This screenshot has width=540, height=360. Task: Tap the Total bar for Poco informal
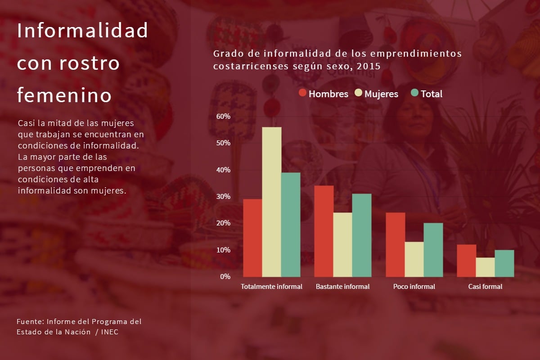tap(433, 250)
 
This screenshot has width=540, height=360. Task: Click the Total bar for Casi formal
tap(504, 263)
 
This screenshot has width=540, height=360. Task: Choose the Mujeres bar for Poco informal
tap(414, 259)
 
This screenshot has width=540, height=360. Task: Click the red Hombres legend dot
tap(302, 93)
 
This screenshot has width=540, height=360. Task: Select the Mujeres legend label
tap(381, 94)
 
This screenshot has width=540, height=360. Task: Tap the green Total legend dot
tap(414, 93)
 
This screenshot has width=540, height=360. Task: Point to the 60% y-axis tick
tap(223, 116)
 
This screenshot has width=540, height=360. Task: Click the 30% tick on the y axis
tap(223, 197)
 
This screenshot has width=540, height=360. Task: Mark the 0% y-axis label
tap(225, 276)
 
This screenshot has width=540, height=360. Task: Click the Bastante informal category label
tap(342, 287)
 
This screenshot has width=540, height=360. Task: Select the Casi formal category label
tap(485, 287)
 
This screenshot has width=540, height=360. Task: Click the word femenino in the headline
tap(64, 95)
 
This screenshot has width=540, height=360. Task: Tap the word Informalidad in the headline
tap(82, 31)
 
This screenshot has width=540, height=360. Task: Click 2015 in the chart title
tap(369, 66)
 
